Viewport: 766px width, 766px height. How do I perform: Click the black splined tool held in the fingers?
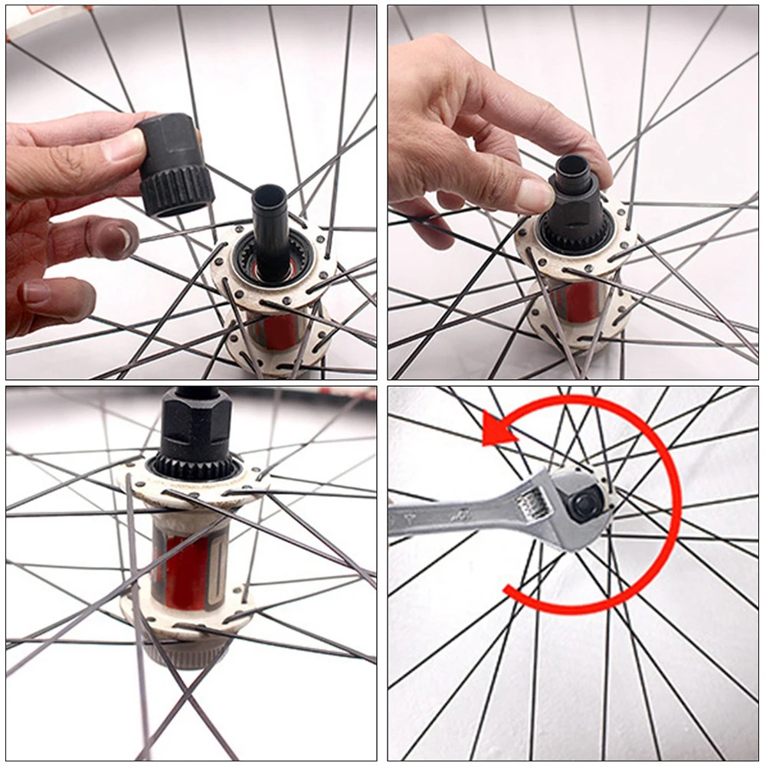[x=175, y=165]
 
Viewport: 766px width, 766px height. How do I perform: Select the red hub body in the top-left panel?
[x=280, y=329]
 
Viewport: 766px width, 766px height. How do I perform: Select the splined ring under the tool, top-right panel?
[x=576, y=233]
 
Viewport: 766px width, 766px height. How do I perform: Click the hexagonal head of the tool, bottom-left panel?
[x=195, y=429]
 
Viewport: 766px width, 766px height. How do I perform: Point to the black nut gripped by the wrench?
[x=586, y=506]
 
